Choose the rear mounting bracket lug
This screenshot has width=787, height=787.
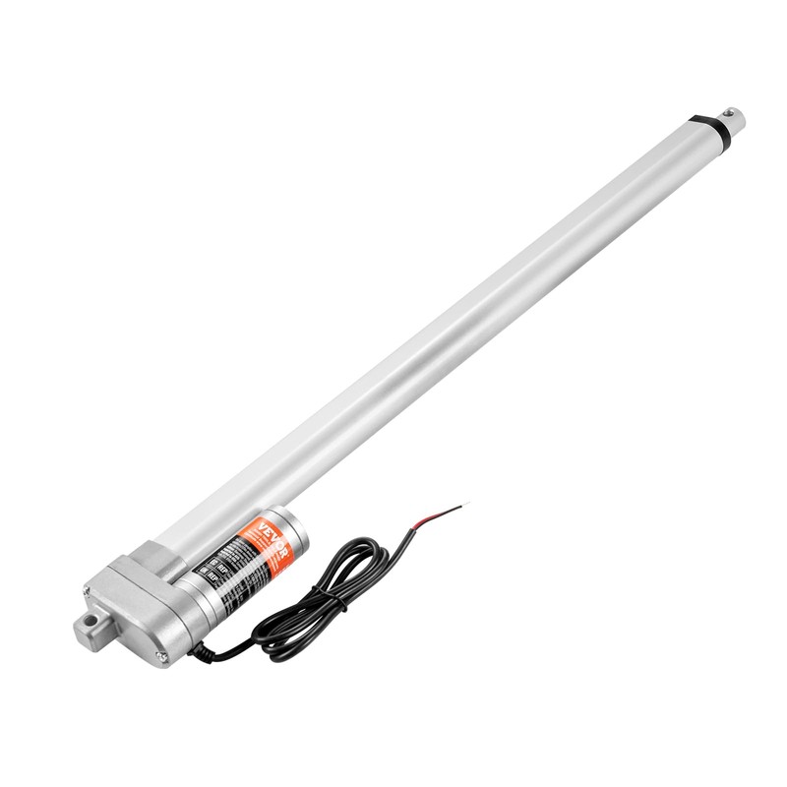(89, 627)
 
